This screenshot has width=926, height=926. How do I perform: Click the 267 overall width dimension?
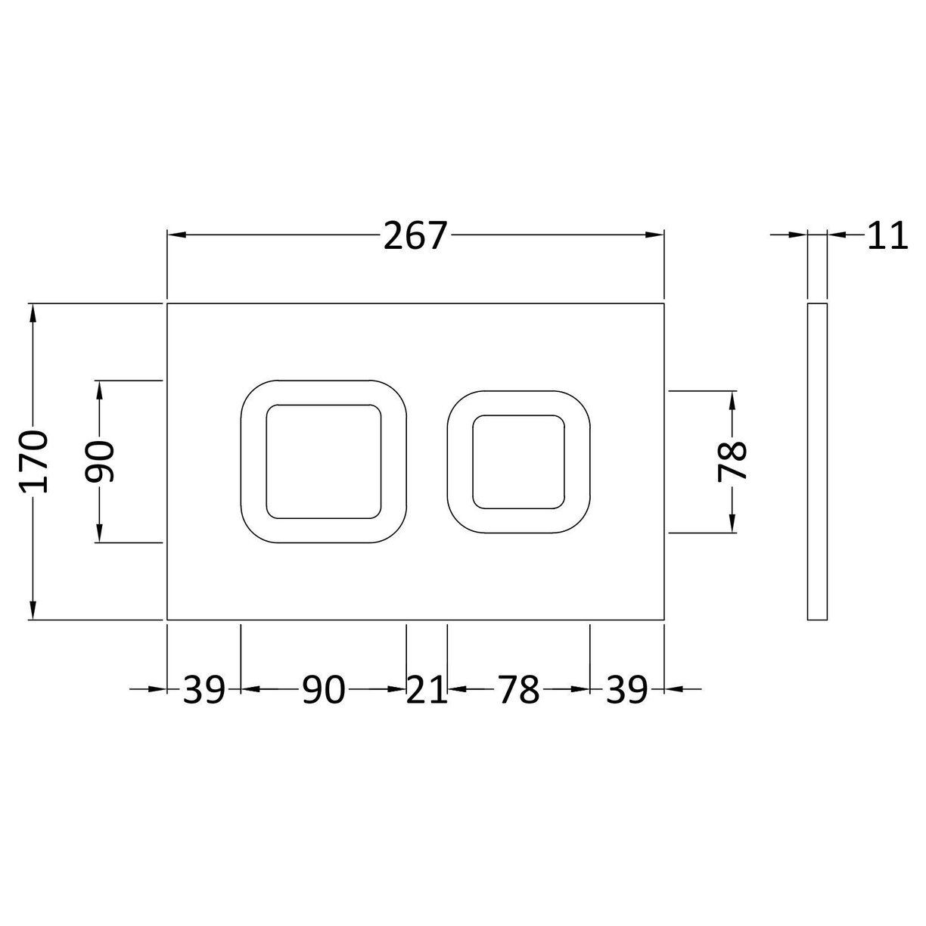pos(415,236)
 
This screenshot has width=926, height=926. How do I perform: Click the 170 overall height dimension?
pos(35,461)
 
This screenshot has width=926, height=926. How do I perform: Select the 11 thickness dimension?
pos(886,236)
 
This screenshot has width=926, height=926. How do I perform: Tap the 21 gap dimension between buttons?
pos(427,689)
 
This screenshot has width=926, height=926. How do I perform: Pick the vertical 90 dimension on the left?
pos(100,461)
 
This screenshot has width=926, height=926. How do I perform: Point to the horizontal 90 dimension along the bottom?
pos(323,689)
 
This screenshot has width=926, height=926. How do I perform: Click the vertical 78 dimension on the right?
pos(732,461)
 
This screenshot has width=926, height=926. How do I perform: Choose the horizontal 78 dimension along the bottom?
pos(518,689)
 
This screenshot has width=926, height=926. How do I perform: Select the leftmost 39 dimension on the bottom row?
pos(204,689)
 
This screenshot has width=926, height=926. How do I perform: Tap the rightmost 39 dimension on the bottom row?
pos(626,689)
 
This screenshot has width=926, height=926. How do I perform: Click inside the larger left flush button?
pos(323,461)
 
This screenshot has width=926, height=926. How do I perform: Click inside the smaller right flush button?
pos(518,461)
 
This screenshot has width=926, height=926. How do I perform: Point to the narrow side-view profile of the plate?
pos(817,461)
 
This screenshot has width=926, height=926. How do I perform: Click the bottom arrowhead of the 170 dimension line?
pos(33,611)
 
